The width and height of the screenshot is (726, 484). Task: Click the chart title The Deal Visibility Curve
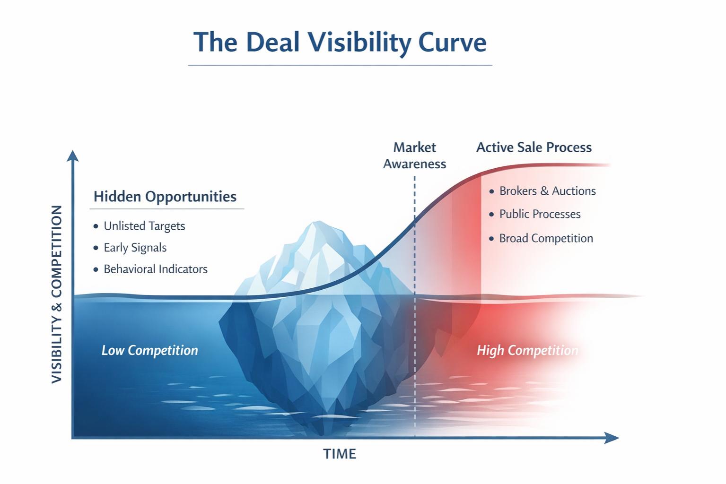(x=340, y=42)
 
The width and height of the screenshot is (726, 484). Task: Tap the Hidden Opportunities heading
(x=165, y=197)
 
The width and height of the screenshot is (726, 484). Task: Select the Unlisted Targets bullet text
(x=144, y=226)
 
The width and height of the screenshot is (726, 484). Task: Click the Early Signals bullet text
(x=135, y=248)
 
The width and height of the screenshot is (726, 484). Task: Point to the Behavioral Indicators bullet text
(x=156, y=269)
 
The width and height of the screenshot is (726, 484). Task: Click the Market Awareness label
(x=414, y=156)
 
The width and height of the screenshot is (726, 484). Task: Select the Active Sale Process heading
(x=534, y=147)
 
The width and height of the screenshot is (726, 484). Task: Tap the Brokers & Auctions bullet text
(x=547, y=191)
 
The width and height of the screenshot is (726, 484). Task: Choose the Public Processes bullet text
(x=540, y=214)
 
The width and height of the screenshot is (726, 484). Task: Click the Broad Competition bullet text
(x=546, y=238)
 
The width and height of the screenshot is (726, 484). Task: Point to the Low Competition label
(x=149, y=350)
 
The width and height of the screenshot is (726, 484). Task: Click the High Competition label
(x=527, y=350)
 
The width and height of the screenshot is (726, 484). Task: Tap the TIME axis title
(x=339, y=454)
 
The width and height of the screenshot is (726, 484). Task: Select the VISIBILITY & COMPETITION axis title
(x=57, y=294)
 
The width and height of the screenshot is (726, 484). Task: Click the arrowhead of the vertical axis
(x=72, y=156)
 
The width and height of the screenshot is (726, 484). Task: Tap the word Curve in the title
(x=452, y=42)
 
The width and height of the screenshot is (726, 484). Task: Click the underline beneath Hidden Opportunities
(x=167, y=208)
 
